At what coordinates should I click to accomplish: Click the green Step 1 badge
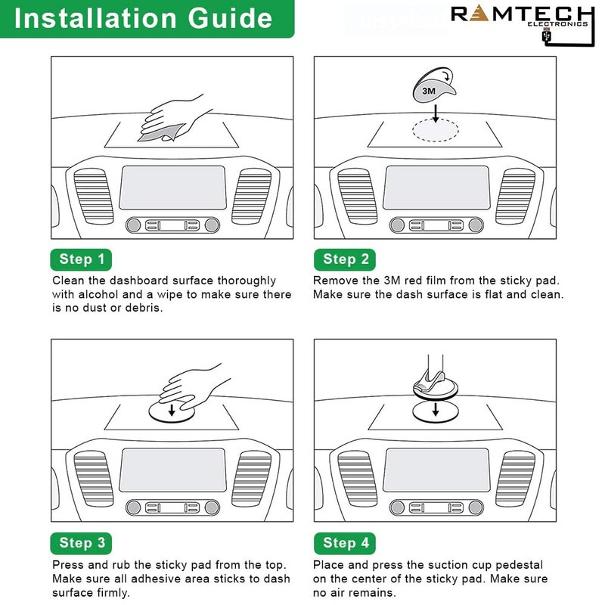pyautogui.click(x=81, y=259)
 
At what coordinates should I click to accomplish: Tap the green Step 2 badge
pyautogui.click(x=345, y=259)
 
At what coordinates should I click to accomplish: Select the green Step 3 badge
pyautogui.click(x=81, y=542)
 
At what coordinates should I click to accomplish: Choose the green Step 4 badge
pyautogui.click(x=345, y=542)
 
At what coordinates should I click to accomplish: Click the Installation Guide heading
pyautogui.click(x=143, y=18)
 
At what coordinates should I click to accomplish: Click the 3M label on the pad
pyautogui.click(x=429, y=91)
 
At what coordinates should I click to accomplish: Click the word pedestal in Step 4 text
pyautogui.click(x=520, y=565)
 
